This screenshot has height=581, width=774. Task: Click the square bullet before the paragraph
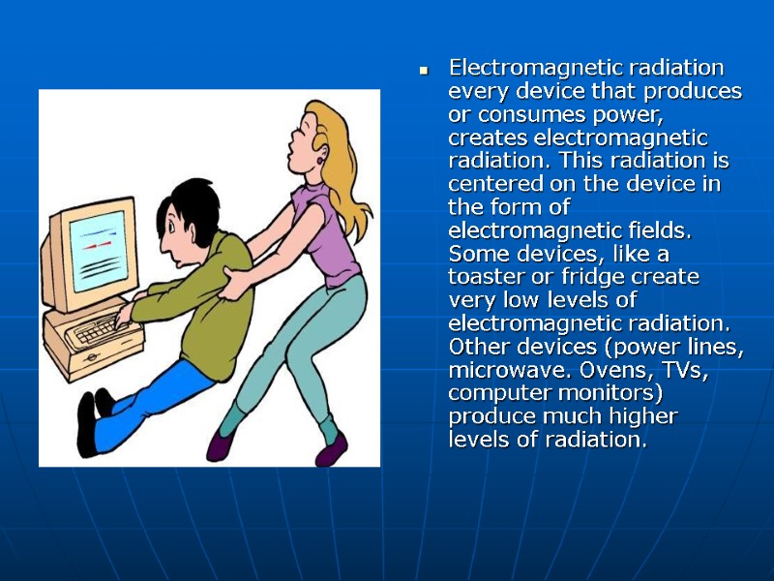[423, 71]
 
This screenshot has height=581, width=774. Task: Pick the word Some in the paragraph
[475, 254]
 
